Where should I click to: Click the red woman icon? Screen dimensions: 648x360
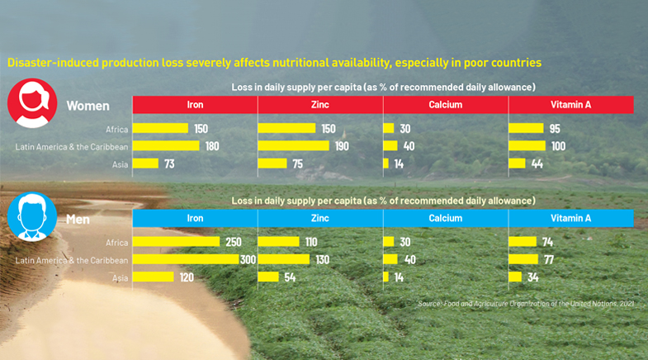point(32,103)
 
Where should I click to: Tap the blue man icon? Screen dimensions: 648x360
point(32,216)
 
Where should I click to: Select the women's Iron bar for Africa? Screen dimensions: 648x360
point(160,128)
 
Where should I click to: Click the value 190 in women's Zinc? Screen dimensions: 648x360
point(342,146)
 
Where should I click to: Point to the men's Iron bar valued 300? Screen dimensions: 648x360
point(186,259)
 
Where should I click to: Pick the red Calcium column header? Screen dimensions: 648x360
point(446,105)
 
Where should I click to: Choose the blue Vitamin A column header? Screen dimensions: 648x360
point(570,218)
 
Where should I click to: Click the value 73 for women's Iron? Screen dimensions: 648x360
point(169,164)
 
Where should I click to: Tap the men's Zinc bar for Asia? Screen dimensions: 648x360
point(268,277)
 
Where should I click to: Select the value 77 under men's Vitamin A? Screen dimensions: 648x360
point(549,259)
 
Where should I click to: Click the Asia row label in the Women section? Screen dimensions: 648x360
point(120,164)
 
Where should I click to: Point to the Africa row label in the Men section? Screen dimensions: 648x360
point(116,243)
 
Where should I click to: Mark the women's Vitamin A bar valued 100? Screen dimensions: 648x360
point(527,145)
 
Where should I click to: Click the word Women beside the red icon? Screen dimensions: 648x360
point(88,106)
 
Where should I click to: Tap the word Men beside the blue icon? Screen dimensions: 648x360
point(78,220)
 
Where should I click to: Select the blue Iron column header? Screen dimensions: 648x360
point(195,218)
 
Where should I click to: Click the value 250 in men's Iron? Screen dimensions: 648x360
point(234,242)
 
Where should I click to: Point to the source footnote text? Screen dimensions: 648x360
point(526,304)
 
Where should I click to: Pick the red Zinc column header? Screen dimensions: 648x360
point(320,105)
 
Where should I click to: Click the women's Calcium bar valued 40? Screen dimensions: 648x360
point(390,145)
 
